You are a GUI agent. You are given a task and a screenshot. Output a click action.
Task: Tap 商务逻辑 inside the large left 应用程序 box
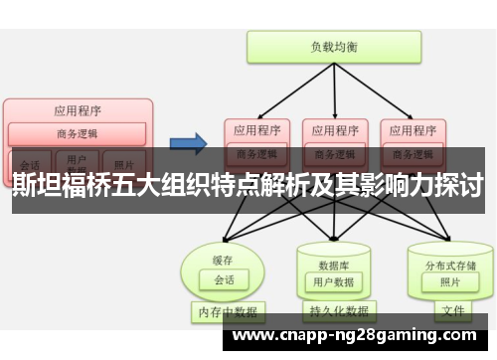[x=78, y=133]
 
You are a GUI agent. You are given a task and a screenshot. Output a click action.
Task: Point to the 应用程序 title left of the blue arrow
[x=78, y=110]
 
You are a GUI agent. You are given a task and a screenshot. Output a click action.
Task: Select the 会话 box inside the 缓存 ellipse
[x=223, y=279]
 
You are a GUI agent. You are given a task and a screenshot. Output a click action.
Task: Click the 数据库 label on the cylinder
[x=333, y=265]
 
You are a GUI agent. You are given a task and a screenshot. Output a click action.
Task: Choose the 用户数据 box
[x=333, y=282]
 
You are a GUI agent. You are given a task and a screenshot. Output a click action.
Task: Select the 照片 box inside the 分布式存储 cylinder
[x=450, y=282]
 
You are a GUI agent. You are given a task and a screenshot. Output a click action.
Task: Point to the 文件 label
[x=453, y=312]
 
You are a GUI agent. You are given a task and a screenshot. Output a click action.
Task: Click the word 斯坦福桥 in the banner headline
[x=61, y=185]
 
